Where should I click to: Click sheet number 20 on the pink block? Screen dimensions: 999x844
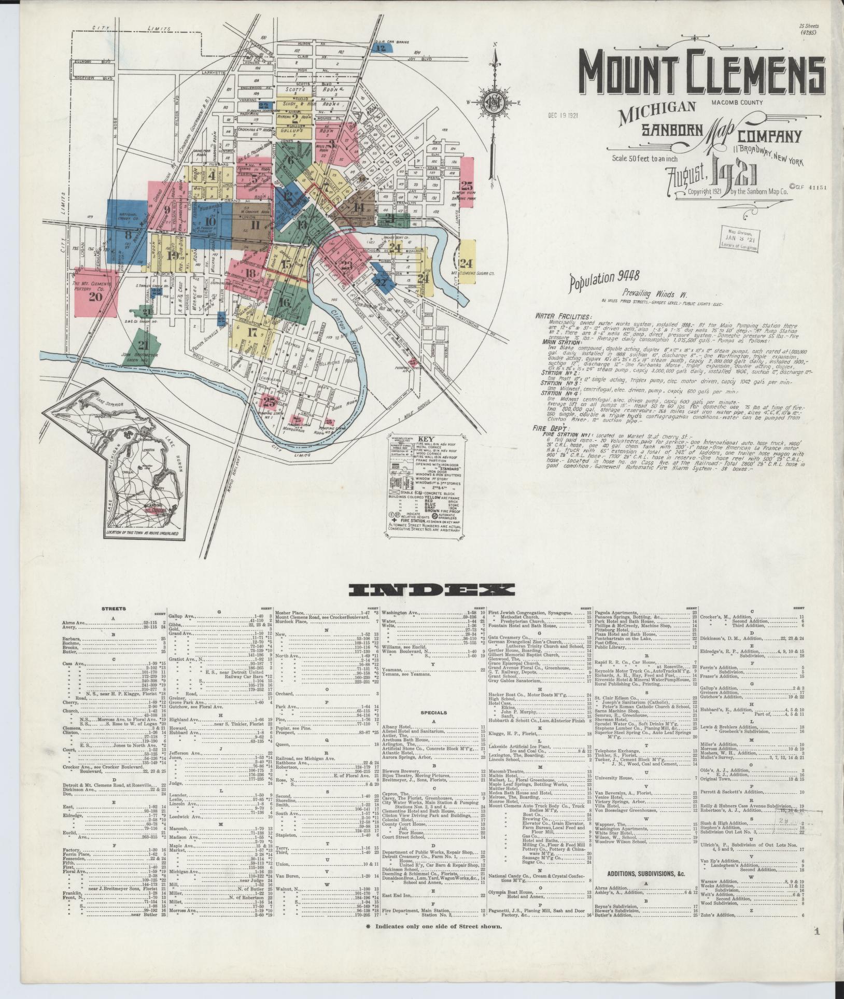click(95, 297)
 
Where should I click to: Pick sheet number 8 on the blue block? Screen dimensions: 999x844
click(128, 234)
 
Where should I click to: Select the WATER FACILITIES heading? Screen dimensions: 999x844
click(562, 316)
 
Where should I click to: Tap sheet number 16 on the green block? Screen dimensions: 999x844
click(284, 303)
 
